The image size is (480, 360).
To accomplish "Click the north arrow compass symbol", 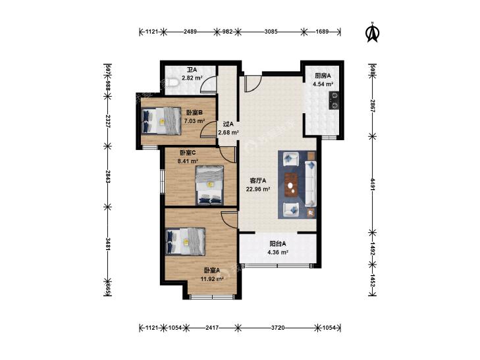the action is (373, 32).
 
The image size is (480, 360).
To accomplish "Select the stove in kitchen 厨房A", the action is (334, 100).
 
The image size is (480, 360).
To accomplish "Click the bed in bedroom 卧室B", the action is (162, 121).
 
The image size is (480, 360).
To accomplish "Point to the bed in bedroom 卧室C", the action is (209, 186).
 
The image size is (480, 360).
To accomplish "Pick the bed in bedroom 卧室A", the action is (185, 242).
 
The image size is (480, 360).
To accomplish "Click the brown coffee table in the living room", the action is (292, 184).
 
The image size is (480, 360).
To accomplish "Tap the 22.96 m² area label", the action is (258, 189).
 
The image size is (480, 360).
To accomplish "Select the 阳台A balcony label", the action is (278, 244).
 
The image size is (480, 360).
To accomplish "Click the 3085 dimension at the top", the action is (271, 31).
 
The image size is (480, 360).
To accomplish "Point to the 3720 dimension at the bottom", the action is (278, 328).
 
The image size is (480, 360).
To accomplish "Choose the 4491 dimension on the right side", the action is (373, 185).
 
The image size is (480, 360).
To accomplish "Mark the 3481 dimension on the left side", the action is (107, 244).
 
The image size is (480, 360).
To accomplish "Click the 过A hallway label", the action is (228, 124).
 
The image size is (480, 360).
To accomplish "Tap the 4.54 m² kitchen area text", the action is (323, 84).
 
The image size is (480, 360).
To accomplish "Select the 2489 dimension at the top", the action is (190, 31).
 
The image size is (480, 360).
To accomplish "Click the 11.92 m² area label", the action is (212, 279).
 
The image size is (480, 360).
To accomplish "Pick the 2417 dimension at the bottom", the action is (212, 328).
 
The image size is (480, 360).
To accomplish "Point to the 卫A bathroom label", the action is (192, 70).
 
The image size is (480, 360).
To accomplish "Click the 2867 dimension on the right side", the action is (373, 106).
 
